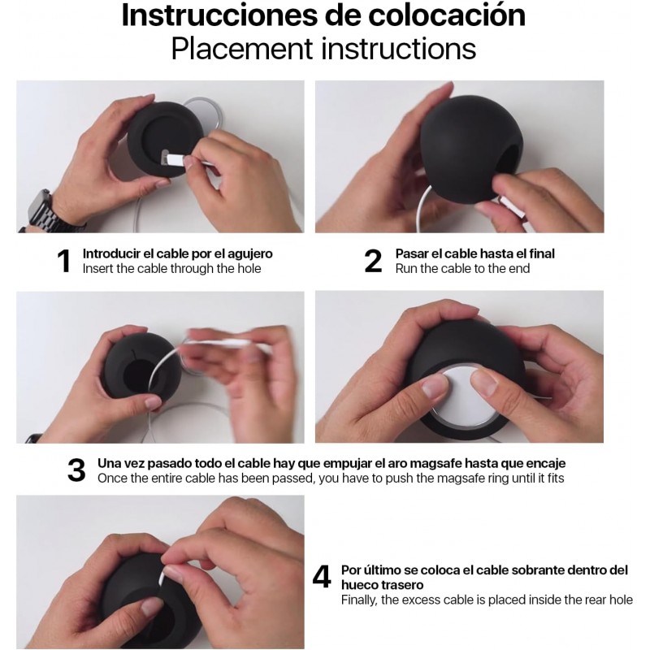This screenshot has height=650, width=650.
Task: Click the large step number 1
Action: (64, 261)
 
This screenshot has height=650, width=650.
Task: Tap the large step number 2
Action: (373, 261)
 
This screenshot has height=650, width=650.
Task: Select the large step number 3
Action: (76, 470)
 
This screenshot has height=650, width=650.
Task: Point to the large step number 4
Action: (321, 576)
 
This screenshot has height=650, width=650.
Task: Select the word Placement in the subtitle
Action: (242, 49)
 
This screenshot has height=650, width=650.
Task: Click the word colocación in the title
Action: (447, 15)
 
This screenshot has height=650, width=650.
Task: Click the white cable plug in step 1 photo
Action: (172, 159)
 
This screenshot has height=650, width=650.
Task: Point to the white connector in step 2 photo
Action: (513, 208)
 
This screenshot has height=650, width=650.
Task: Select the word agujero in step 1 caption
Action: (250, 254)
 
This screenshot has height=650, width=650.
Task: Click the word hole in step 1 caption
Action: (249, 269)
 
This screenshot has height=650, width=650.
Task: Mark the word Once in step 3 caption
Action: (111, 479)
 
